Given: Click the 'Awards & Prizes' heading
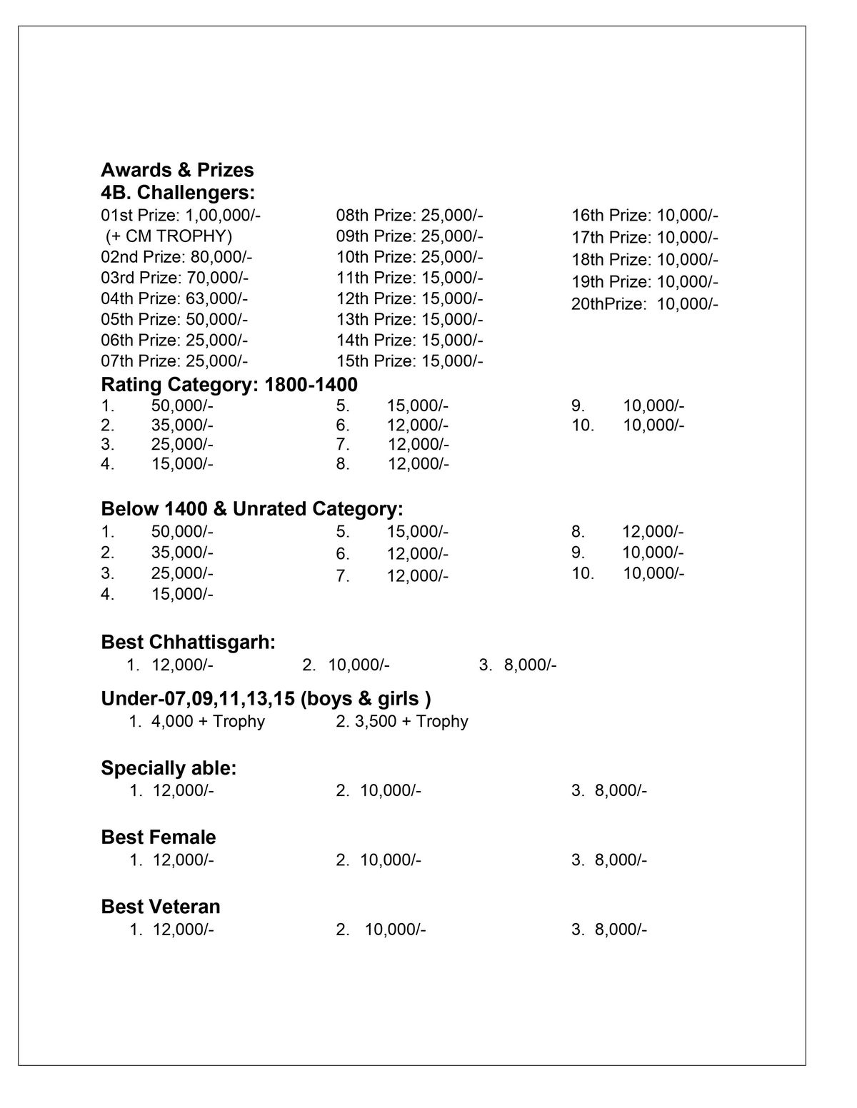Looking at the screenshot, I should tap(177, 170).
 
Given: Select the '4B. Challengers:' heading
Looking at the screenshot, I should tap(178, 193).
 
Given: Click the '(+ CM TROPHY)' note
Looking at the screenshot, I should tap(169, 236).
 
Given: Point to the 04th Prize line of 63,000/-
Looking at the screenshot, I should tap(174, 298).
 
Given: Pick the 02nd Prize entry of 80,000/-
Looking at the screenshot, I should tap(176, 256).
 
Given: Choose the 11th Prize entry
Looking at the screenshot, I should tap(409, 277).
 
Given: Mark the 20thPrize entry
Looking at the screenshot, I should tap(644, 304).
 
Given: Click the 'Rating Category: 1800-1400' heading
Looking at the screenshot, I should tap(229, 385).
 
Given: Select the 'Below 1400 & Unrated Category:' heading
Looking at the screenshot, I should tap(252, 509).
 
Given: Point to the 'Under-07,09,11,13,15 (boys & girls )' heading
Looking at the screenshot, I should tap(266, 699).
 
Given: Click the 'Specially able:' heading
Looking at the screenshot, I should tap(169, 768).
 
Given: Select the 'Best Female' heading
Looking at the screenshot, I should tap(159, 837).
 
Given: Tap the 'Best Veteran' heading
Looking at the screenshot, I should tap(161, 907).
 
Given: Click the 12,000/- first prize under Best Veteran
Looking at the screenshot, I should tap(183, 930).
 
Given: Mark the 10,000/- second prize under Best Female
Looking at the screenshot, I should tap(390, 860).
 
